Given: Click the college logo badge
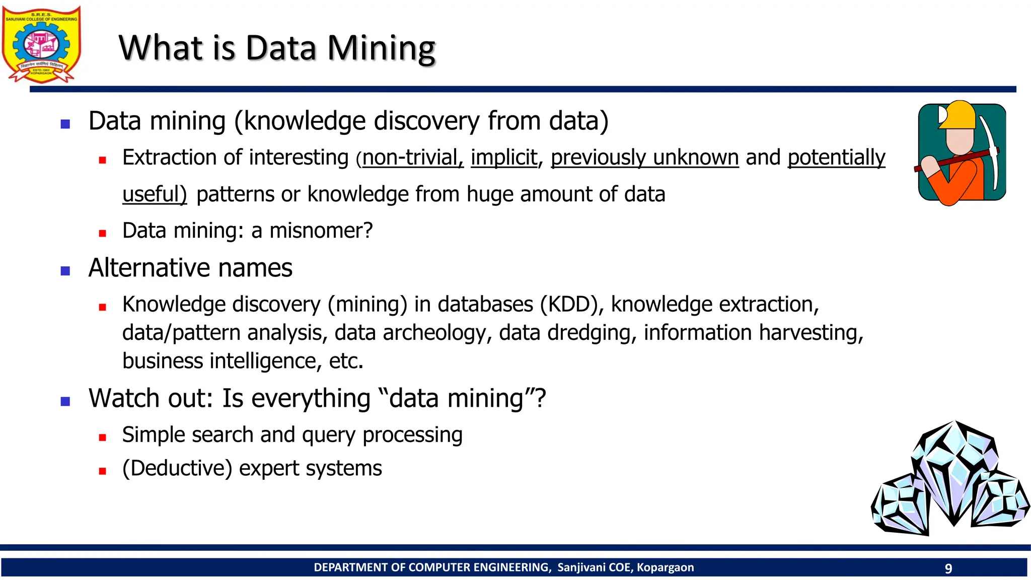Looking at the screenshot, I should [41, 44].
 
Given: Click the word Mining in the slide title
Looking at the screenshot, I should [381, 48].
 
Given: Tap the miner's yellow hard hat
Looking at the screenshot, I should [959, 115].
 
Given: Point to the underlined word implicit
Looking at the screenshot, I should [504, 158].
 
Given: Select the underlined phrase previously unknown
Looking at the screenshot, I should [644, 158].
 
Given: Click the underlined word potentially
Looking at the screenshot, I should [836, 158].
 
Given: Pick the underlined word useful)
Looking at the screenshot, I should [155, 194].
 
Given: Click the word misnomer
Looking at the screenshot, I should [321, 231].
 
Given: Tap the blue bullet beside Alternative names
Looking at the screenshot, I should [65, 271].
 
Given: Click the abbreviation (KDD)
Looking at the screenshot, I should [571, 305].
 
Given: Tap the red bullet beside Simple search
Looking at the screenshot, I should [103, 438].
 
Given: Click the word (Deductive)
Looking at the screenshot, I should [177, 469].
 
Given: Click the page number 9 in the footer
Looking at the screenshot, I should [948, 568].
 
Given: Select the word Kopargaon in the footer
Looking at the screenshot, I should [665, 567].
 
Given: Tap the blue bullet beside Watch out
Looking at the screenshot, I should [65, 401].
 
